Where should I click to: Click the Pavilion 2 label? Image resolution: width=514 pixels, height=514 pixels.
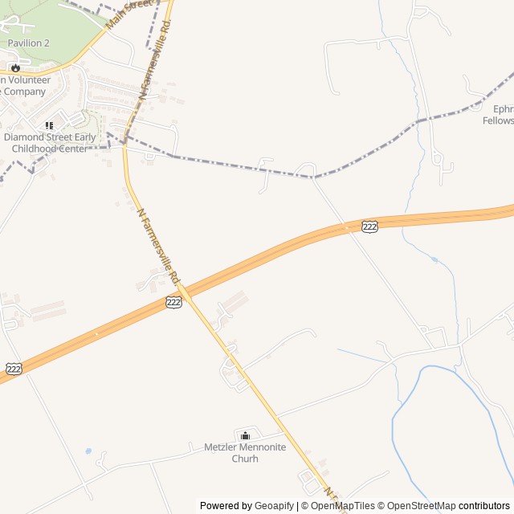29,43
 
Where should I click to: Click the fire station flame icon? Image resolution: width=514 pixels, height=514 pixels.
15,67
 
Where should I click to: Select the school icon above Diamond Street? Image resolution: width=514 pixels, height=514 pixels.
49,125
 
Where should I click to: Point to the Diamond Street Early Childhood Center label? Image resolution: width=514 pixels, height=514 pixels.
50,143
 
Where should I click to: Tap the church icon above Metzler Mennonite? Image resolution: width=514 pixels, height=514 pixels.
245,435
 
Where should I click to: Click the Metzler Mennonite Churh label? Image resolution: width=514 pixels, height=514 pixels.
245,453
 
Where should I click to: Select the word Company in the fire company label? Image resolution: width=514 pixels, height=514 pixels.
24,92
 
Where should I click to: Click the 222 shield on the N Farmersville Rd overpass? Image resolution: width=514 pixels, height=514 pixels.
174,302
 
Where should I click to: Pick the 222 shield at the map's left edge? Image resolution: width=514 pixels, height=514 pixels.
14,368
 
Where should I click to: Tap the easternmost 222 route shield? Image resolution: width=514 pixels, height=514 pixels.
369,227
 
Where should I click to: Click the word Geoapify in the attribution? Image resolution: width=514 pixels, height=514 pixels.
275,506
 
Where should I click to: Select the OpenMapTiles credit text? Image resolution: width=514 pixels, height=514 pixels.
342,506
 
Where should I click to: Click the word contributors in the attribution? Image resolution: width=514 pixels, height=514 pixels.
484,506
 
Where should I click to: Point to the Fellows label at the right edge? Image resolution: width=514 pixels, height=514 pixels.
498,120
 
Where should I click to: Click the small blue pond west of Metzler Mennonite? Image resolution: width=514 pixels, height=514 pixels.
88,451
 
